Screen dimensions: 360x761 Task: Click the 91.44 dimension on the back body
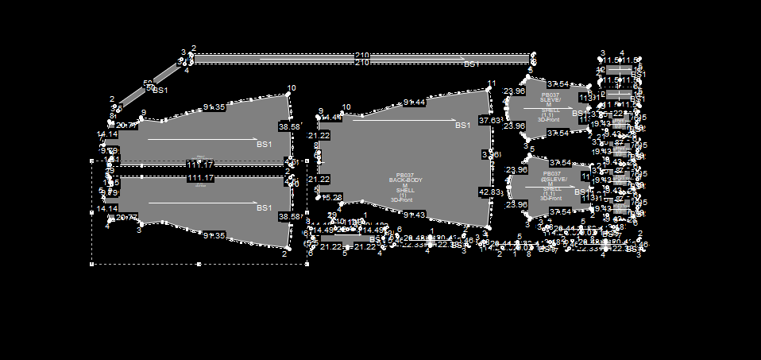coord(414,103)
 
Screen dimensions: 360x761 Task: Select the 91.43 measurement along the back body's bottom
coord(414,215)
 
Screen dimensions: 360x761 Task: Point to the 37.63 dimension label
coord(489,121)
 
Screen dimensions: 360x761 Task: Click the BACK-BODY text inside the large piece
coord(405,180)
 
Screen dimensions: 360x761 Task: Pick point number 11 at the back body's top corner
coord(491,84)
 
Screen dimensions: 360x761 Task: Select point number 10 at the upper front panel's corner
coord(291,88)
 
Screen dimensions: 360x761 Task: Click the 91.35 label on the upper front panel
coord(214,106)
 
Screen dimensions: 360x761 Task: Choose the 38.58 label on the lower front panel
coord(289,217)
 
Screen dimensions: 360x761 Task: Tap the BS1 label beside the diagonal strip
coord(160,91)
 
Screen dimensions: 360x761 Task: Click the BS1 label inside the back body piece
coord(462,126)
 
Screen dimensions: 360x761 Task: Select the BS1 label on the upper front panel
coord(264,145)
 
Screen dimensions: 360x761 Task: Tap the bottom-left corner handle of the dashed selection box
coord(93,264)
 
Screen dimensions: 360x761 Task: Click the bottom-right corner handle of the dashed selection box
coord(307,264)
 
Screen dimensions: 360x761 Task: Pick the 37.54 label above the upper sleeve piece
coord(558,84)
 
